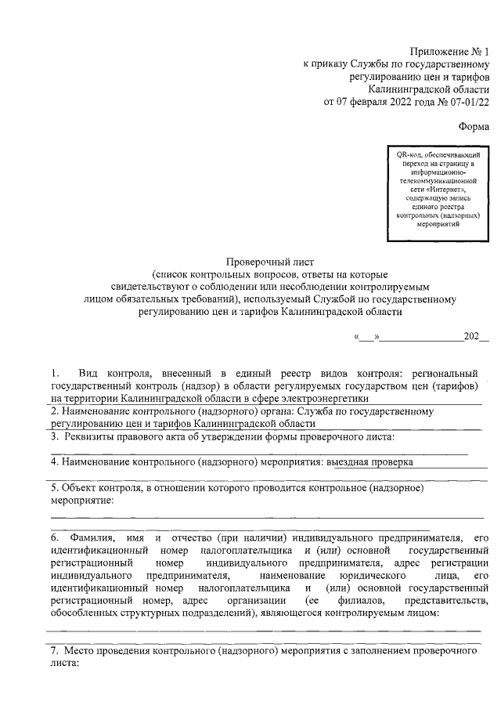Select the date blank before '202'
pos(424,338)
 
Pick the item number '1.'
pos(55,372)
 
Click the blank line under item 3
pos(258,451)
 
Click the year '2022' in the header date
pos(391,102)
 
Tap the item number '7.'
pos(55,650)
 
